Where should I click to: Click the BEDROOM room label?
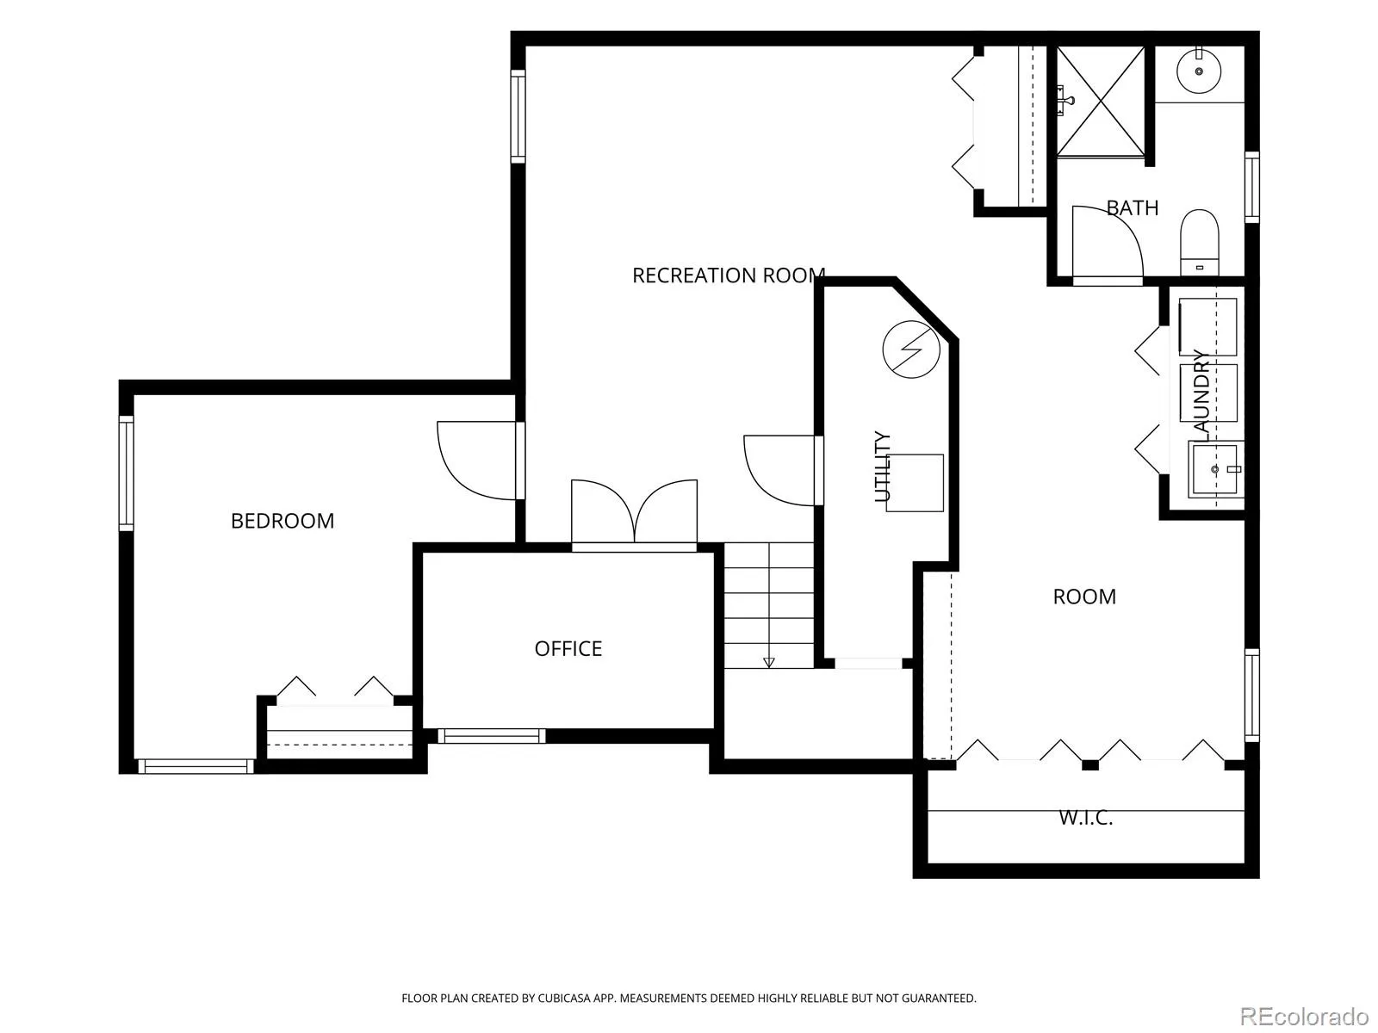(x=282, y=521)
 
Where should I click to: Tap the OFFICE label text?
(x=568, y=648)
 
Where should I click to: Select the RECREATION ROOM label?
(x=729, y=275)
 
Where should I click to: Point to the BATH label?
(x=1132, y=207)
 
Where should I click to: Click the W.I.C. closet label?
(x=1085, y=818)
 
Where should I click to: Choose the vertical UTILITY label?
(x=883, y=467)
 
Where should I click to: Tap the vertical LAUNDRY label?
(x=1201, y=394)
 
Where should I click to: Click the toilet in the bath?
(x=1199, y=242)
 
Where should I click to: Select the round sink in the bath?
(x=1199, y=71)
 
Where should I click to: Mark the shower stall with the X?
(x=1101, y=101)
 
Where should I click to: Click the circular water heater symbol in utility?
(x=911, y=349)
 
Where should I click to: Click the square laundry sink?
(x=1214, y=469)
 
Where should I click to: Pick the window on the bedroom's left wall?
(x=127, y=473)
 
